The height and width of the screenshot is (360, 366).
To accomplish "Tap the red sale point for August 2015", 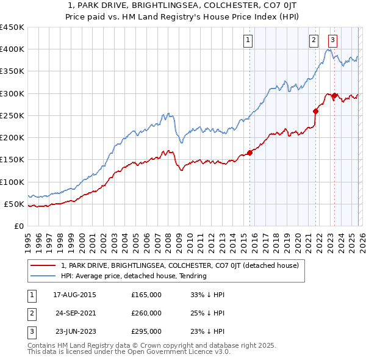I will [x=249, y=153].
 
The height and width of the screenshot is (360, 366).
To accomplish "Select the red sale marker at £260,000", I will [x=315, y=111].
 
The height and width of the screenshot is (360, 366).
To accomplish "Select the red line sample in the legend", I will [x=43, y=265].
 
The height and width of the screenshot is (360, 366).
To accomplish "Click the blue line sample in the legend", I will [x=43, y=276].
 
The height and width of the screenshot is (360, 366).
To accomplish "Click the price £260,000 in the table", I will [x=146, y=313].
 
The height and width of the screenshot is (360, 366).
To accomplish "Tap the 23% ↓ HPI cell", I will [x=207, y=331].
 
